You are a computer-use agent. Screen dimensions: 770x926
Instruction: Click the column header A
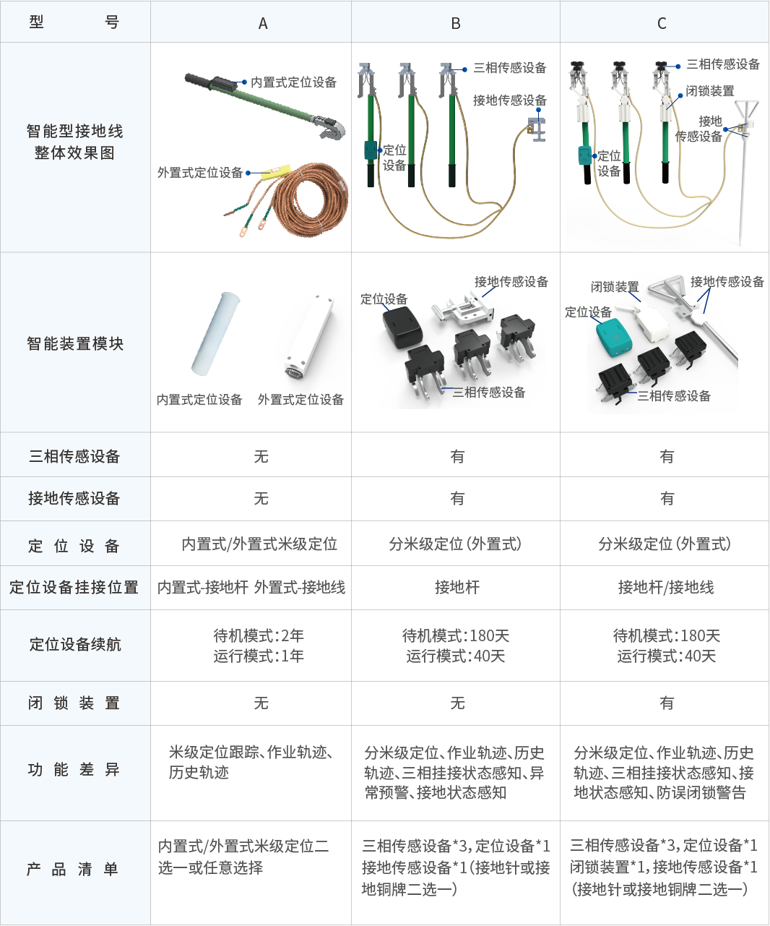point(263,23)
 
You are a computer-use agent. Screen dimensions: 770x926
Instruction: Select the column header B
point(455,23)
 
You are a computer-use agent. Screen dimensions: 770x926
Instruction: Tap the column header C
point(662,23)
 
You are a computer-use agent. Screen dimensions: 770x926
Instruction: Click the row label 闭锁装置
point(74,703)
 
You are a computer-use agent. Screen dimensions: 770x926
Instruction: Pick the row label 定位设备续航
point(75,644)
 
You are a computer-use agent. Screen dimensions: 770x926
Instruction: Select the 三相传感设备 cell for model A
point(261,456)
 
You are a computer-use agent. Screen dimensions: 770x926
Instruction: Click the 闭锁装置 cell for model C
point(667,703)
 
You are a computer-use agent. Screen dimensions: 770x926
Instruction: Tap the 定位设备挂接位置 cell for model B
point(457,587)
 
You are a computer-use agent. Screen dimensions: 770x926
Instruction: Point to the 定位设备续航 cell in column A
point(259,646)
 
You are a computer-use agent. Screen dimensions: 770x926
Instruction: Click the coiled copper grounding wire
point(311,197)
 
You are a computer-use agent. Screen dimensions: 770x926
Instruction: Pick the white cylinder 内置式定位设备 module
point(215,333)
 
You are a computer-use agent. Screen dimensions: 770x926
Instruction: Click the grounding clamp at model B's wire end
point(537,129)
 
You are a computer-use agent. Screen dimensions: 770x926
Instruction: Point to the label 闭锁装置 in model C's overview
point(710,91)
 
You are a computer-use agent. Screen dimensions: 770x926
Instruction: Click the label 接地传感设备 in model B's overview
point(510,100)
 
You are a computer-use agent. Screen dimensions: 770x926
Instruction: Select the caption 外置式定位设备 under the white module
point(300,399)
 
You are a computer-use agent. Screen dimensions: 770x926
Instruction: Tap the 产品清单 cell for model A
point(243,857)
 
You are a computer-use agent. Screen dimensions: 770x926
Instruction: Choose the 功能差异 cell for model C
point(664,773)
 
